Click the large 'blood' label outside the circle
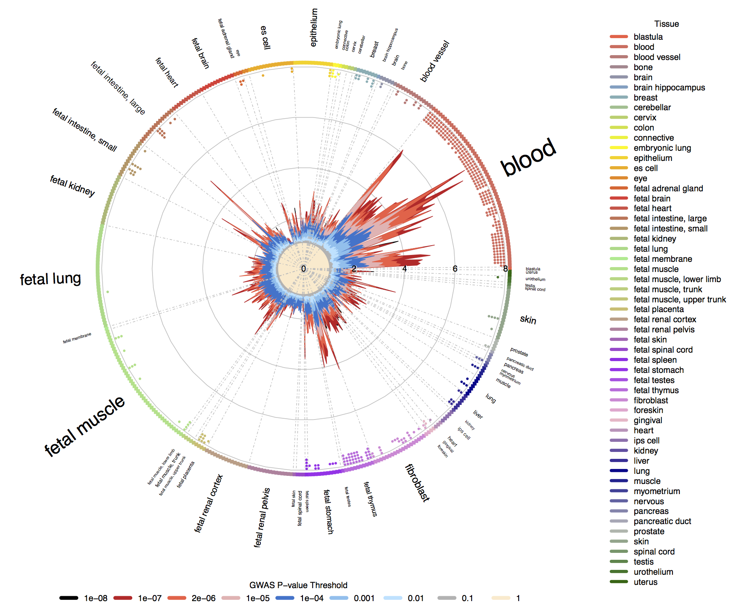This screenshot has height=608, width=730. [528, 157]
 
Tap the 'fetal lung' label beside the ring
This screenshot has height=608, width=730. [50, 279]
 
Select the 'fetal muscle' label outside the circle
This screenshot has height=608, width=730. [84, 426]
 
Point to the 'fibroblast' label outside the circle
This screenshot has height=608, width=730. [417, 483]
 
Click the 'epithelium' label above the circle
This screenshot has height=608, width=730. [314, 28]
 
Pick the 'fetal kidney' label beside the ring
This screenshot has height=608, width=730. [72, 186]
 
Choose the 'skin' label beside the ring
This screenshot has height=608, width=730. [528, 320]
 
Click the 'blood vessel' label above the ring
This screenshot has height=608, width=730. [435, 61]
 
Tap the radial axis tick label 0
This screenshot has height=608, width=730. [303, 269]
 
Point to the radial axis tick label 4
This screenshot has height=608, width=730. [404, 269]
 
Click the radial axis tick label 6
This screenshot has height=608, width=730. [455, 269]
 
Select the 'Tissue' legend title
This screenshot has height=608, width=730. [666, 24]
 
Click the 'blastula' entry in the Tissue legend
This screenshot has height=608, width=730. [648, 37]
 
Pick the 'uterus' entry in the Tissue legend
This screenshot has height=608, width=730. [645, 582]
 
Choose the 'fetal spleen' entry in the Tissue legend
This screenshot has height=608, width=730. [655, 360]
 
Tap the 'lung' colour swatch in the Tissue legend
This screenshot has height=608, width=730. [619, 471]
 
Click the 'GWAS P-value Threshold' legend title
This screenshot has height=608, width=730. [298, 585]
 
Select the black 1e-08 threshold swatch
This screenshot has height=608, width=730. [69, 598]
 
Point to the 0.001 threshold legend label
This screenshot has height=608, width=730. [364, 598]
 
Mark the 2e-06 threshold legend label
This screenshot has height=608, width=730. [204, 598]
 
